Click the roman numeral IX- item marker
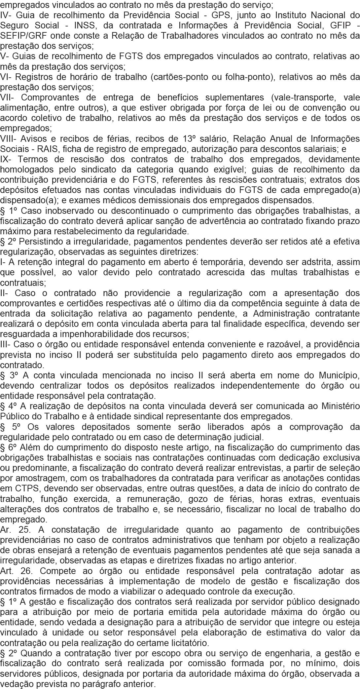click(6, 159)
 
